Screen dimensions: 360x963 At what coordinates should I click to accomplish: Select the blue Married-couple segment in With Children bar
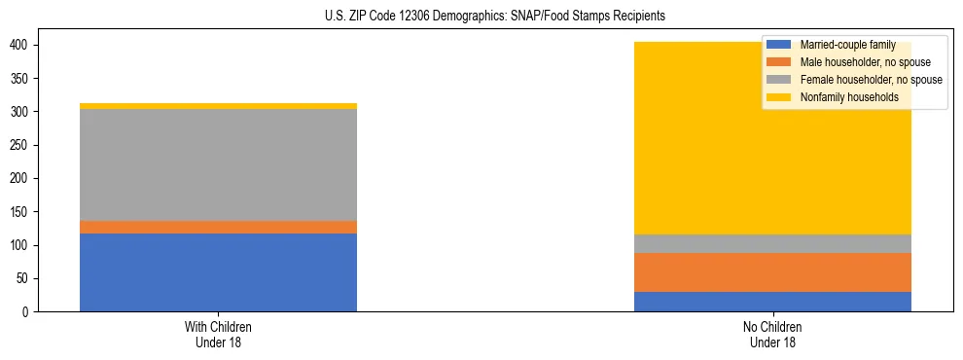[x=218, y=272]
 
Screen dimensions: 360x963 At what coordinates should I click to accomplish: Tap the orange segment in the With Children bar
[x=218, y=227]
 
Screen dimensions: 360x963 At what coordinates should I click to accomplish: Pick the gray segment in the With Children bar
[x=218, y=164]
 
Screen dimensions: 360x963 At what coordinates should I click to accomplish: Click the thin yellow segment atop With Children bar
[x=218, y=106]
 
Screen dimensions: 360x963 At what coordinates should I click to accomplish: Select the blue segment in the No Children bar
[x=772, y=302]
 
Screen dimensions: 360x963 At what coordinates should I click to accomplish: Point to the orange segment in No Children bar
[x=772, y=272]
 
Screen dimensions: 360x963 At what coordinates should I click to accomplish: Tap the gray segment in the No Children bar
[x=772, y=243]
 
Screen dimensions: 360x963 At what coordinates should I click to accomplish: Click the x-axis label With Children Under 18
[x=218, y=334]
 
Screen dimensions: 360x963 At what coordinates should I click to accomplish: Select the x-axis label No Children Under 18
[x=772, y=334]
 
